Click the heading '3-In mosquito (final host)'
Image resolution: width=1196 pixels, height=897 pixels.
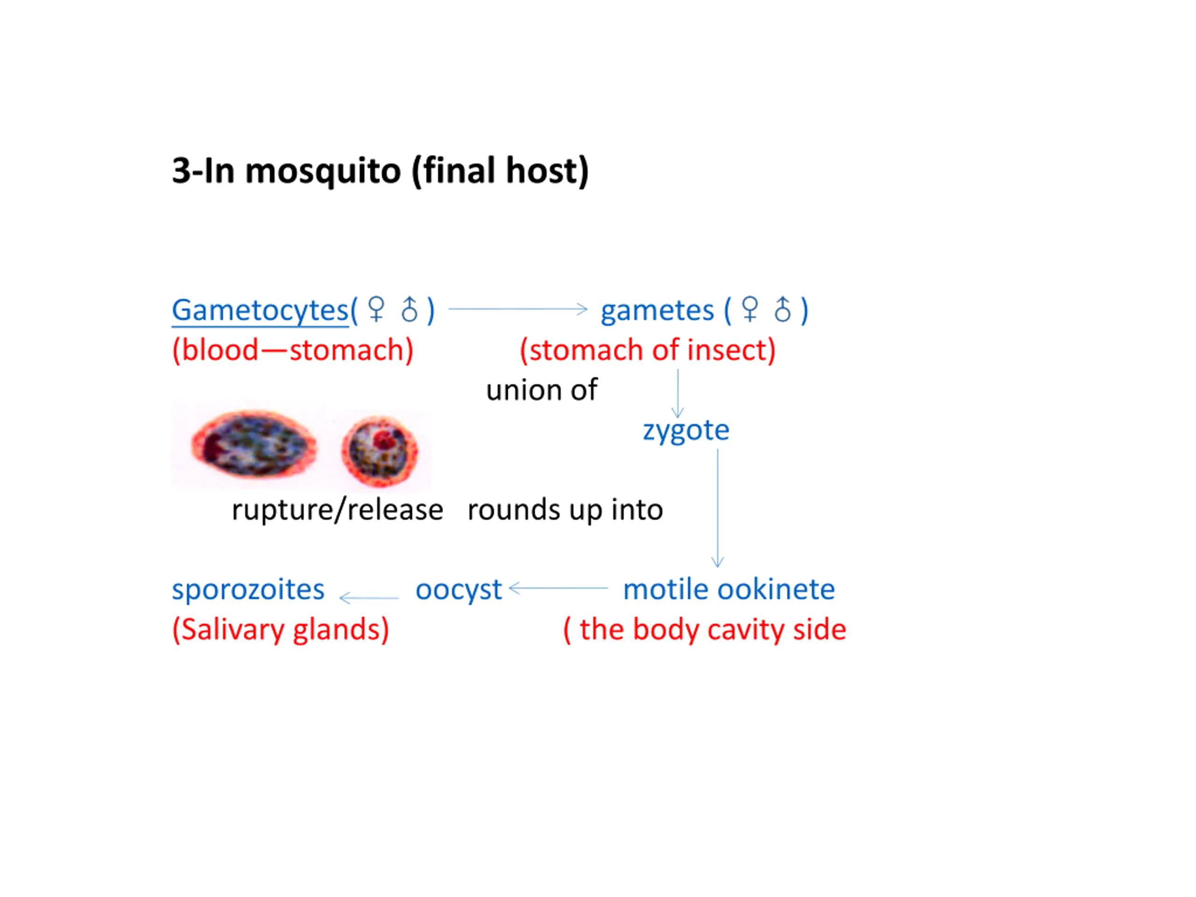tap(380, 171)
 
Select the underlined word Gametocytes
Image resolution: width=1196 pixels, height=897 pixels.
tap(260, 310)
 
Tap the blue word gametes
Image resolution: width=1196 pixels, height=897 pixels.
tap(657, 311)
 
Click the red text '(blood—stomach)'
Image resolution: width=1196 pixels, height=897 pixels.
tap(292, 350)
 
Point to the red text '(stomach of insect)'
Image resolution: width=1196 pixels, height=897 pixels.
tap(648, 350)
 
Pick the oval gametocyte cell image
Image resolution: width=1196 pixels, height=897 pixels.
tap(254, 444)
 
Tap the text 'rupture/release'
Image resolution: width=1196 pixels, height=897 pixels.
tap(337, 510)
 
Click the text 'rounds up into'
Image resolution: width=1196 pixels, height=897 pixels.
tap(565, 510)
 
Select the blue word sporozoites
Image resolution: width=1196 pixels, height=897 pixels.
tap(248, 589)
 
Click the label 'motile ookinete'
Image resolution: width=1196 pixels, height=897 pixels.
tap(729, 589)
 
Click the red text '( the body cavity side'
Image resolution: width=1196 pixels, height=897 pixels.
tap(705, 630)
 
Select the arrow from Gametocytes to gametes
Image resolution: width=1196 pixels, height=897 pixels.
tap(518, 309)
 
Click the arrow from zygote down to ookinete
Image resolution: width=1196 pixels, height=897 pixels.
tap(718, 508)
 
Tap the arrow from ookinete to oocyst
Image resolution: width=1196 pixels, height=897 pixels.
tap(559, 588)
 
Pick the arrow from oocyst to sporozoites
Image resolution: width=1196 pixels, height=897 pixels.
tap(369, 598)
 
